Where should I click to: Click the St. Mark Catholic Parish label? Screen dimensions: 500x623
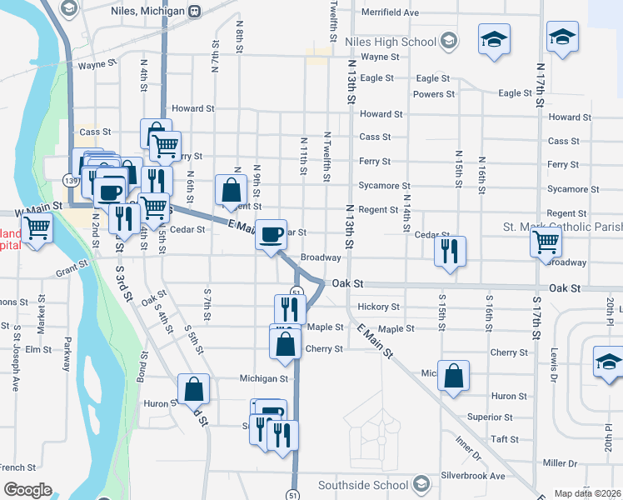click(x=562, y=227)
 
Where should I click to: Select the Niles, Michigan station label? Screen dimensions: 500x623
click(x=147, y=12)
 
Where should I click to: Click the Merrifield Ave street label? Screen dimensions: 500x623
click(x=391, y=13)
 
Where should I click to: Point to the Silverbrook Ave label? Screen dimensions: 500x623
click(x=474, y=476)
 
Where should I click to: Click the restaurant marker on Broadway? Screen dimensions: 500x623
click(x=450, y=250)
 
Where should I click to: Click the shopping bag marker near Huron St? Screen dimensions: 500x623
click(x=194, y=388)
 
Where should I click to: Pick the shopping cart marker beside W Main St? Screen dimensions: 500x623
click(x=37, y=227)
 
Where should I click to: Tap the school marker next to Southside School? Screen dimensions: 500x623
click(x=422, y=484)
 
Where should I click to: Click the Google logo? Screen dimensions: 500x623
click(x=27, y=490)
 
